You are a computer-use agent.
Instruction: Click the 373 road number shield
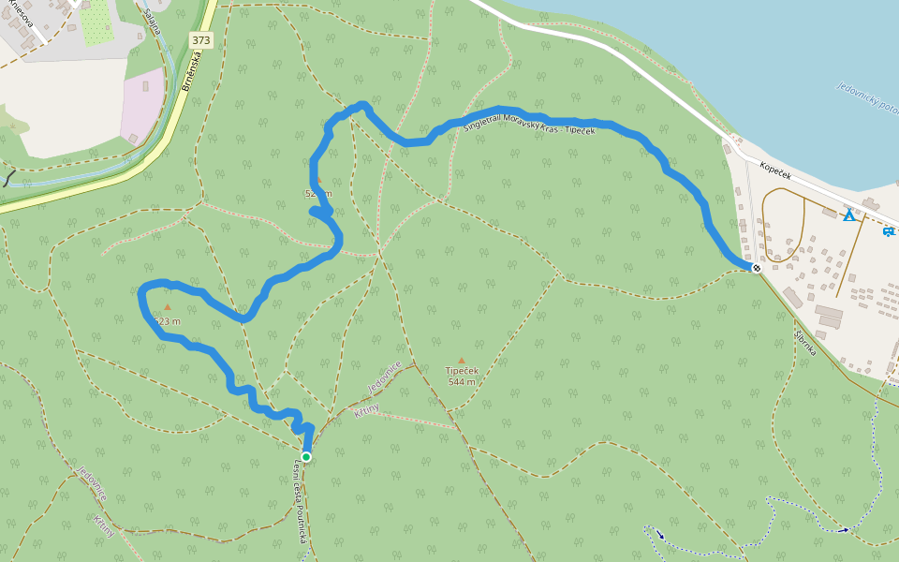click(200, 40)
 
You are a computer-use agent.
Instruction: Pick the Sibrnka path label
click(805, 343)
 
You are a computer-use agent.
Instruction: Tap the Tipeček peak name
click(462, 370)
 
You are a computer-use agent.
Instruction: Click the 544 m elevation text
click(462, 382)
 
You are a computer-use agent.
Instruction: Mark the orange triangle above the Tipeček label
click(462, 360)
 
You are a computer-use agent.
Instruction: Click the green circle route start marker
click(305, 457)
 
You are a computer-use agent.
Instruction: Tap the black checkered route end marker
click(757, 268)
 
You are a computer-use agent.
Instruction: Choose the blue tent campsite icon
click(848, 215)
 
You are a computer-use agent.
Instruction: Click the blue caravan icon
click(888, 230)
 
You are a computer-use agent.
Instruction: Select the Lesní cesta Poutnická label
click(301, 502)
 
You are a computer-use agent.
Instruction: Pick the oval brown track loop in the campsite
click(785, 225)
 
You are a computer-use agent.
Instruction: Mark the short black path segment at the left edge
click(7, 177)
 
